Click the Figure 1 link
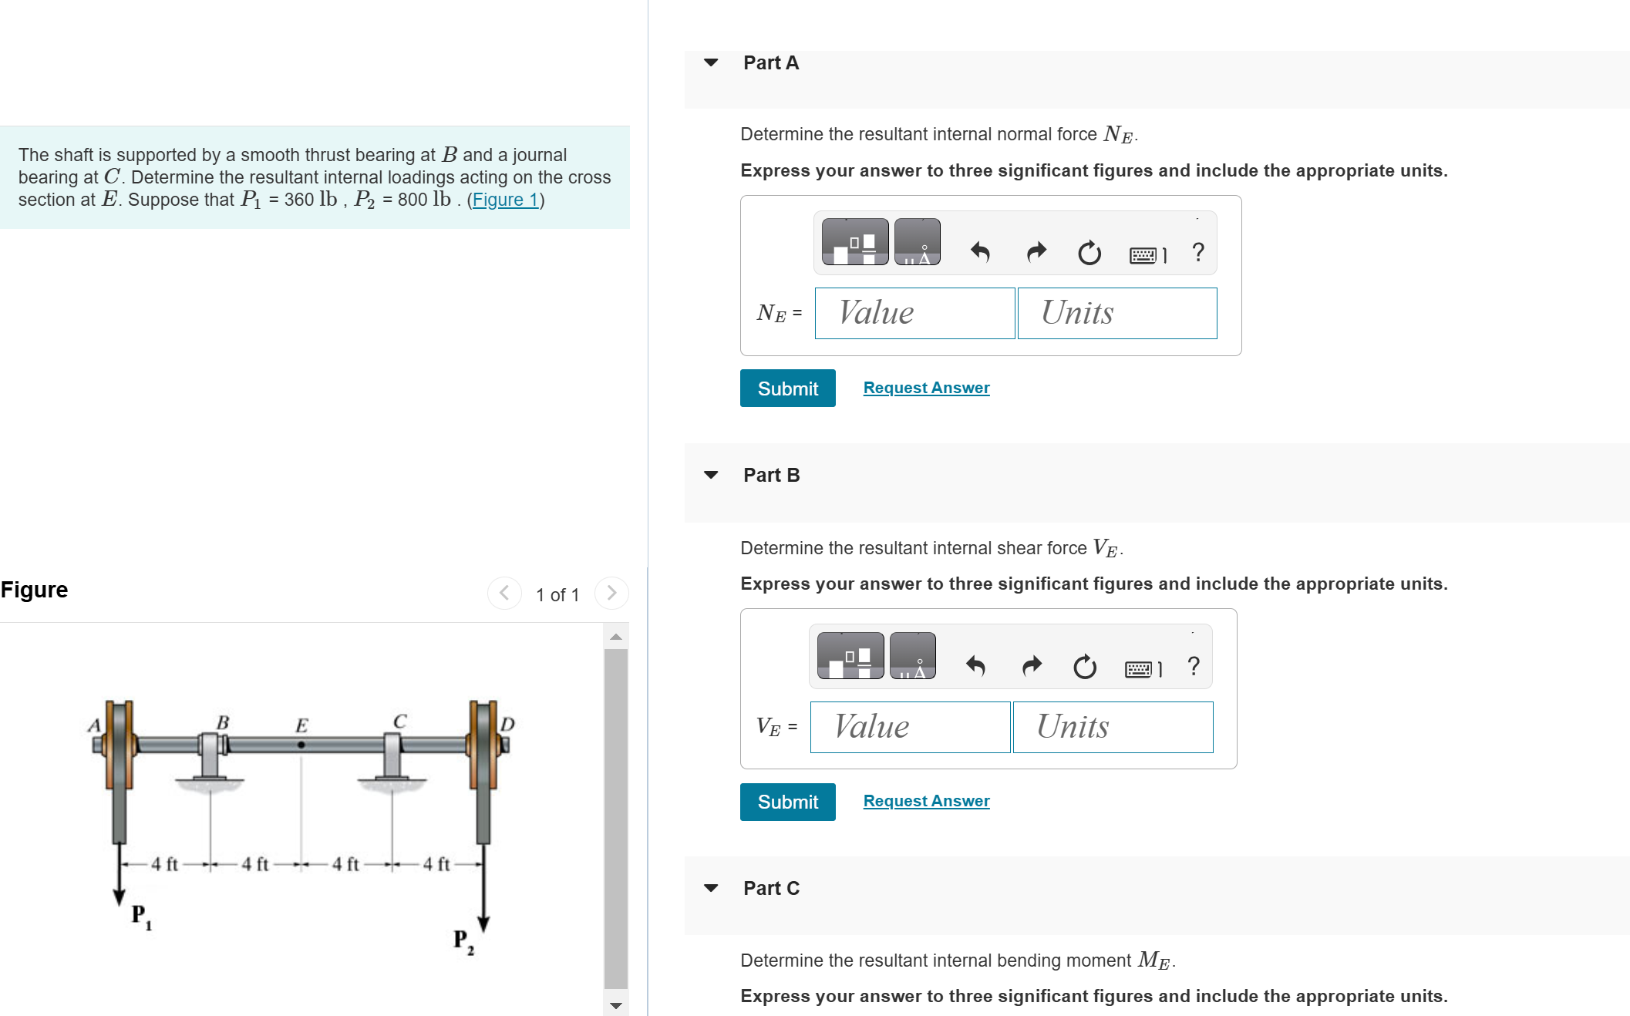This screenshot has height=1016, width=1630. point(505,200)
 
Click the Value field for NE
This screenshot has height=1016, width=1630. point(914,313)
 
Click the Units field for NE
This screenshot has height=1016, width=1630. point(1116,313)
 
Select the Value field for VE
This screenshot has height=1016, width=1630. point(910,727)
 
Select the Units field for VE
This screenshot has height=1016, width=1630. point(1112,727)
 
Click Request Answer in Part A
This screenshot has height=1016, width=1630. point(926,388)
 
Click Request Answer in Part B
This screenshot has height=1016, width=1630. point(926,801)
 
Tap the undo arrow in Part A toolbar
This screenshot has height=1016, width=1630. point(979,252)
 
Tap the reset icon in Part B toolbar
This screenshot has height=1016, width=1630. point(1084,666)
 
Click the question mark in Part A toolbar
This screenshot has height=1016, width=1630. point(1197,252)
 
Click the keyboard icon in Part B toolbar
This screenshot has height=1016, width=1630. point(1140,668)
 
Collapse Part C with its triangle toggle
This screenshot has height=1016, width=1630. point(711,888)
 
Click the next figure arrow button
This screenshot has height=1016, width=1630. point(611,593)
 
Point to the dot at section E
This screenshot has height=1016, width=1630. point(301,745)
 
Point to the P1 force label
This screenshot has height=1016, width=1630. point(140,916)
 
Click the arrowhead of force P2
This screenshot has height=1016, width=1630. point(483,923)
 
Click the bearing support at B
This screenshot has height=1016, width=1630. point(210,759)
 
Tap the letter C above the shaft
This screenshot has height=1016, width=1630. point(399,721)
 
